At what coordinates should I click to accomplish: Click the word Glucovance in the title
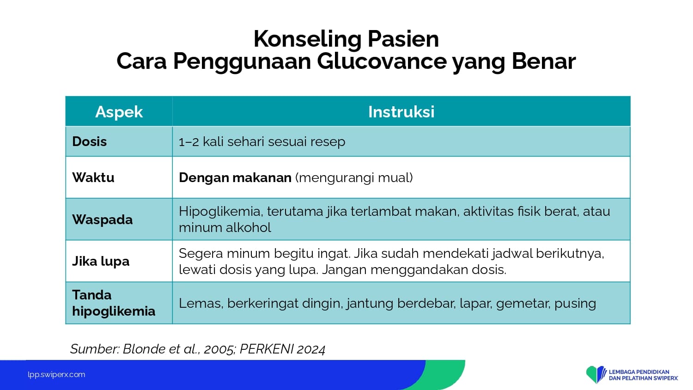tap(382, 61)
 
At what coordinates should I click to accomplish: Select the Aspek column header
tap(119, 112)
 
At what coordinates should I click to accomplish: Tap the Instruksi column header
tap(401, 112)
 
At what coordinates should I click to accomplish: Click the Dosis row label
tap(90, 141)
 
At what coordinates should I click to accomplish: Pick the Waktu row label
tap(93, 177)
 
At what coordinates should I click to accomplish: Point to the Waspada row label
tap(103, 219)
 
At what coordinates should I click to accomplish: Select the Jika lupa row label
tap(101, 261)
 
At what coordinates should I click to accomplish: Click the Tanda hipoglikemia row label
tap(114, 303)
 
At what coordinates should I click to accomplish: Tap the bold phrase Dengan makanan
tap(235, 177)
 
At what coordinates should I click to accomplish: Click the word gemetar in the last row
tap(523, 303)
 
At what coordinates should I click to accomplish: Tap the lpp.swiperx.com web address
tap(56, 375)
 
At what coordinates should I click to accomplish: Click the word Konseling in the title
tap(307, 39)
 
